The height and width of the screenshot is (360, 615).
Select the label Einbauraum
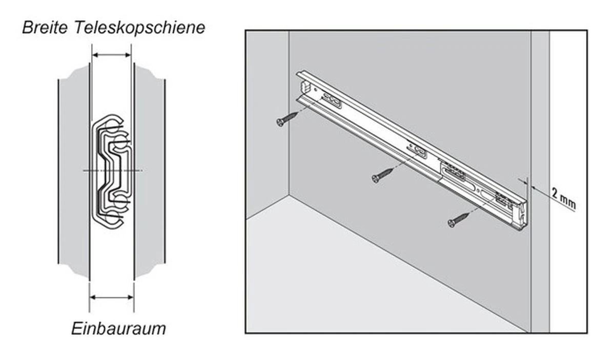pyautogui.click(x=118, y=328)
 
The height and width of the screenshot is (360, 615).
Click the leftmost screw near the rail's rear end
pyautogui.click(x=286, y=119)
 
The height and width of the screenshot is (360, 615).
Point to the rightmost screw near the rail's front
pyautogui.click(x=458, y=219)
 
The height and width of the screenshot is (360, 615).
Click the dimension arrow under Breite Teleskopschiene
pyautogui.click(x=112, y=55)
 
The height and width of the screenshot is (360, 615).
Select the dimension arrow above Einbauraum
pyautogui.click(x=112, y=297)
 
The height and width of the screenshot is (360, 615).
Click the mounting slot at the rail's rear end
pyautogui.click(x=333, y=101)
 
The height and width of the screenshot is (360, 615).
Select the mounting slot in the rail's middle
pyautogui.click(x=419, y=151)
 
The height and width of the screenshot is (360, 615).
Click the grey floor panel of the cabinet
pyautogui.click(x=359, y=287)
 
